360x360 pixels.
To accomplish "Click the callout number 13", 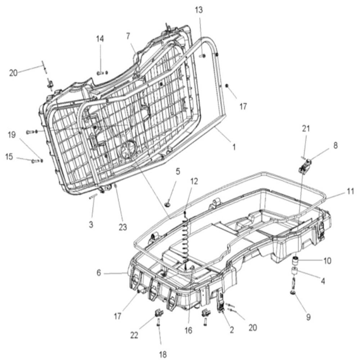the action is coord(199,10).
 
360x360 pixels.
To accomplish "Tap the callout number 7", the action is coord(128,36).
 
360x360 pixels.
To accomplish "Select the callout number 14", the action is coord(100,39).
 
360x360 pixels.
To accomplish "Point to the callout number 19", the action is coord(12,135).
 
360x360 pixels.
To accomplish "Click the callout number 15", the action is coord(9,157).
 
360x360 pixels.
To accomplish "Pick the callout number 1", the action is coord(234,147).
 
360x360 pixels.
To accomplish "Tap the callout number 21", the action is coord(306,129).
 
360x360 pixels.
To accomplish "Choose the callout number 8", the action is coord(336,145).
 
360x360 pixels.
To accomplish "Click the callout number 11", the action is coord(350,191).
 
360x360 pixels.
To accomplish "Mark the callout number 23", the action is coord(123,227).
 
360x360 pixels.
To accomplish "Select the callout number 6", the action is coord(99,273).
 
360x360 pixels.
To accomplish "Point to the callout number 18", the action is coord(163,354).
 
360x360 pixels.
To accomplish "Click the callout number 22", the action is coord(134,336).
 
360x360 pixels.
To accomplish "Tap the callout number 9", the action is coord(309,317).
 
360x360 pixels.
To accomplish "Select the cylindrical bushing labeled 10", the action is coord(294,261).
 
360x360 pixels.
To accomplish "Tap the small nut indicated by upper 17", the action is coord(226,86).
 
